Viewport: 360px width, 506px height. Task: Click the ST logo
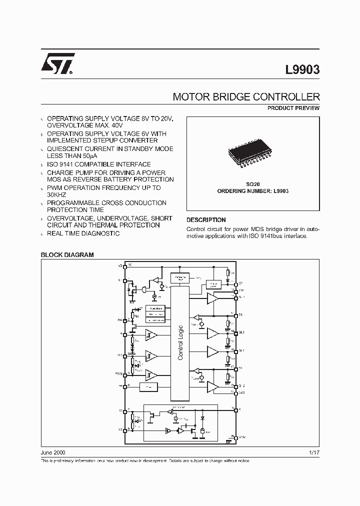[58, 64]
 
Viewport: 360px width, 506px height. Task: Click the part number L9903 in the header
[302, 70]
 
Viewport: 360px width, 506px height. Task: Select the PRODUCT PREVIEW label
[293, 108]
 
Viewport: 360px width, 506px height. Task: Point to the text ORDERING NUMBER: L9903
[252, 191]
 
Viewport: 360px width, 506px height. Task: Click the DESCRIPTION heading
[206, 220]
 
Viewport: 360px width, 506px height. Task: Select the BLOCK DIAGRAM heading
[67, 255]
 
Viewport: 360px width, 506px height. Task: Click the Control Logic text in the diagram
[180, 342]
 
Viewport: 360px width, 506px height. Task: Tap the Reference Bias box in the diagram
[179, 278]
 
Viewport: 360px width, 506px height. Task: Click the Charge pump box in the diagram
[213, 284]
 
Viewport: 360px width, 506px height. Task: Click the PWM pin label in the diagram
[118, 373]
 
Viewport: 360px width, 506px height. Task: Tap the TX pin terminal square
[125, 429]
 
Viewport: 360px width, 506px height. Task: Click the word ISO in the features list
[54, 164]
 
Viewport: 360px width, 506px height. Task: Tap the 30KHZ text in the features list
[57, 195]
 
